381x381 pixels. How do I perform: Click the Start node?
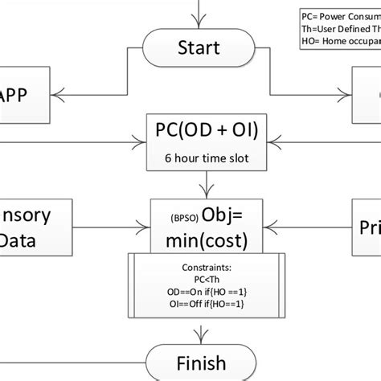(199, 47)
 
